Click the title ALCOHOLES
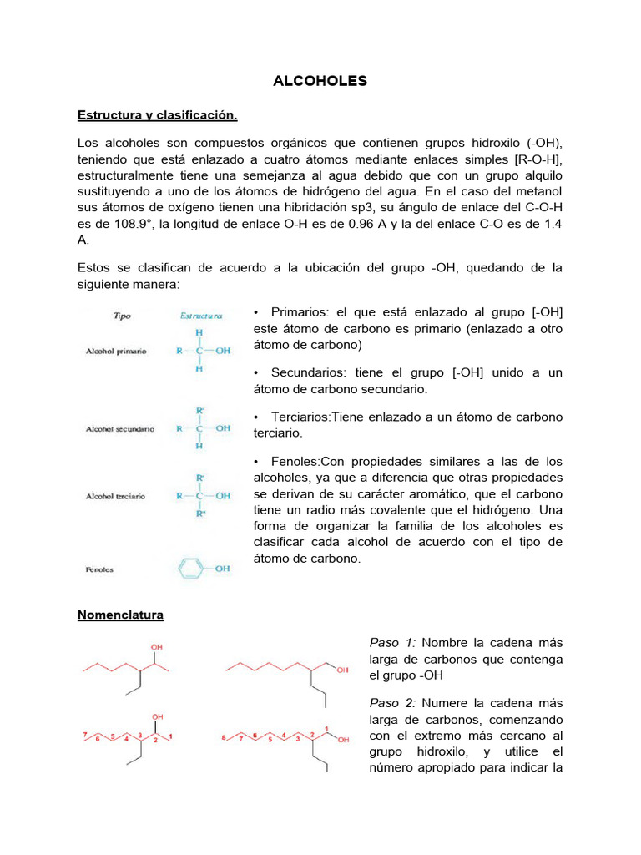pos(320,81)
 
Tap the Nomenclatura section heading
pos(120,615)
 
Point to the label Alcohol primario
pos(116,352)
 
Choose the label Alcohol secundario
pos(120,429)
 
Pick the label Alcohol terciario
pos(115,496)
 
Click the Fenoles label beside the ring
pos(99,570)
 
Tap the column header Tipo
pos(122,316)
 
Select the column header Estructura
pos(200,316)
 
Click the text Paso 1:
pos(392,642)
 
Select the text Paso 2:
pos(392,703)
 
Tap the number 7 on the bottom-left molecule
pos(84,735)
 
